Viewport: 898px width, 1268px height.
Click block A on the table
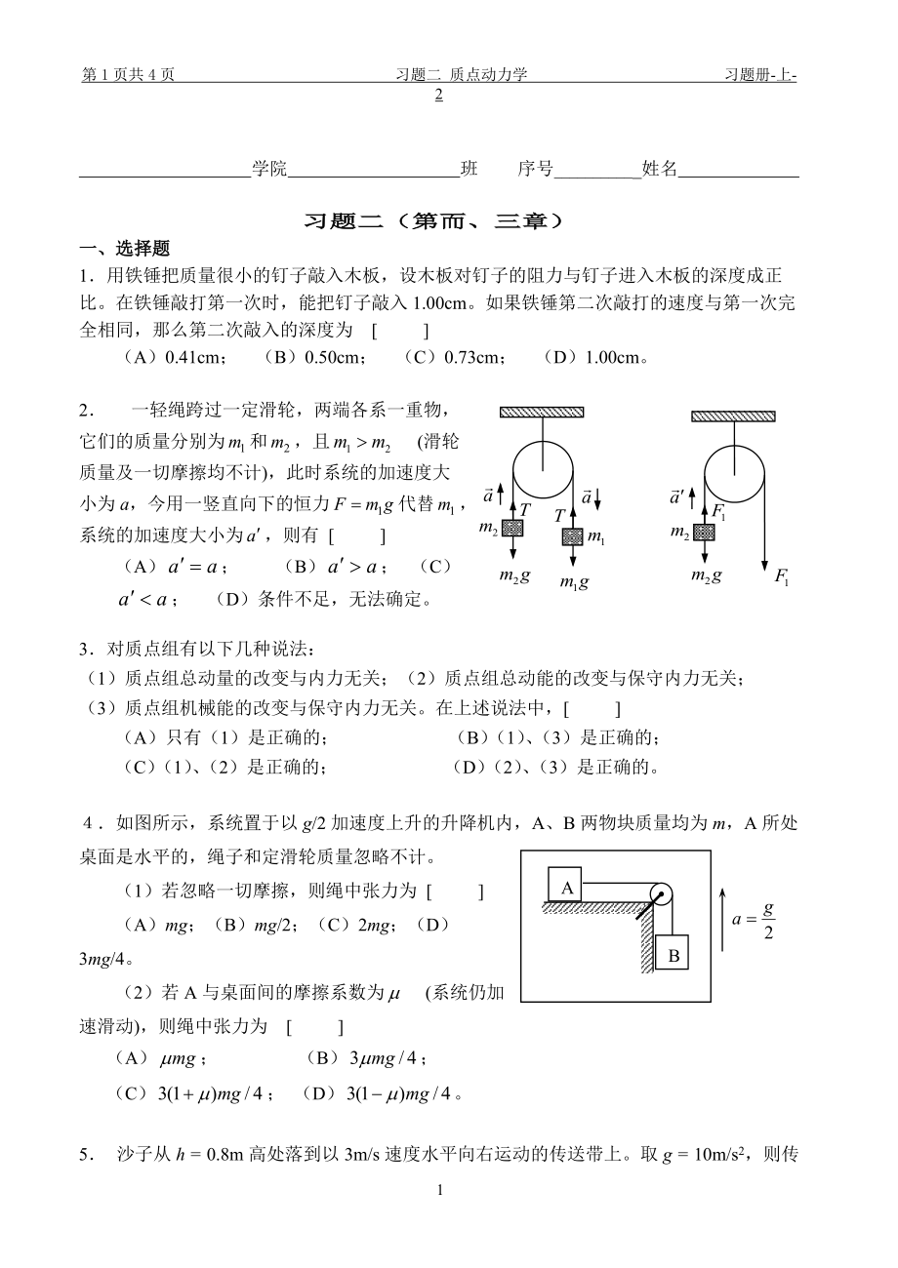pyautogui.click(x=566, y=886)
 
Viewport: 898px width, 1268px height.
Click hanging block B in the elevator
pyautogui.click(x=673, y=956)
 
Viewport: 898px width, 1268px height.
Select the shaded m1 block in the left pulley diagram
pyautogui.click(x=573, y=536)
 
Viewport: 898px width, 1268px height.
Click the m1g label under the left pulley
pyautogui.click(x=573, y=582)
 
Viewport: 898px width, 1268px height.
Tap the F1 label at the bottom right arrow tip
pyautogui.click(x=781, y=577)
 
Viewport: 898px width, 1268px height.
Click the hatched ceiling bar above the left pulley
pyautogui.click(x=542, y=413)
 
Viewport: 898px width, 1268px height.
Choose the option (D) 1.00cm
pyautogui.click(x=594, y=357)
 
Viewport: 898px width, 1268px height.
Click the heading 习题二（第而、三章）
pyautogui.click(x=434, y=221)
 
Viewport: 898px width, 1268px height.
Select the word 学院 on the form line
pyautogui.click(x=269, y=169)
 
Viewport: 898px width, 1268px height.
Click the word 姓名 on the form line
pyautogui.click(x=659, y=169)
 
